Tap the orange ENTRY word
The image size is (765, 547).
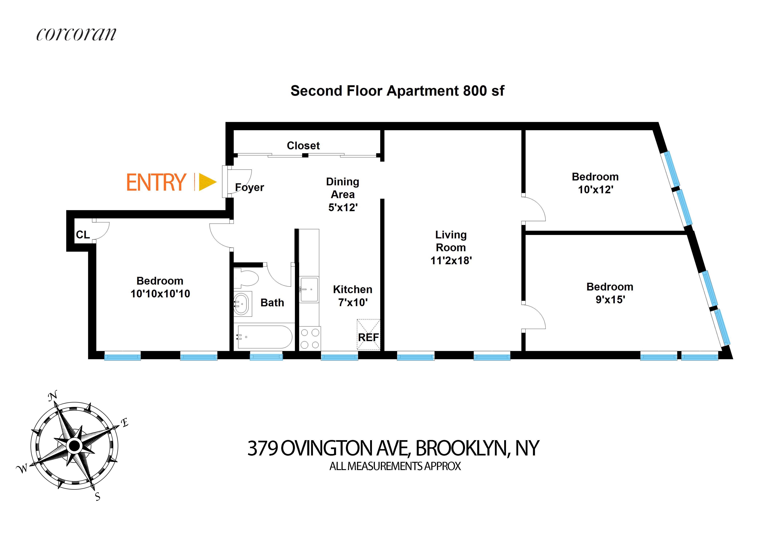pos(156,182)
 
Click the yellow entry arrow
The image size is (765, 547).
pos(207,182)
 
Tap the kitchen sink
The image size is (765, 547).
pos(309,289)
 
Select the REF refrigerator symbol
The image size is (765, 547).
pos(368,337)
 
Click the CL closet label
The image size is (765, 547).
pos(83,234)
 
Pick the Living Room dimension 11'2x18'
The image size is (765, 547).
pos(451,260)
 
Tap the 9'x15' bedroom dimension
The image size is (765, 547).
pos(610,299)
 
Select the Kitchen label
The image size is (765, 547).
pos(353,289)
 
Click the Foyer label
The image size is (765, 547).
pos(250,187)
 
